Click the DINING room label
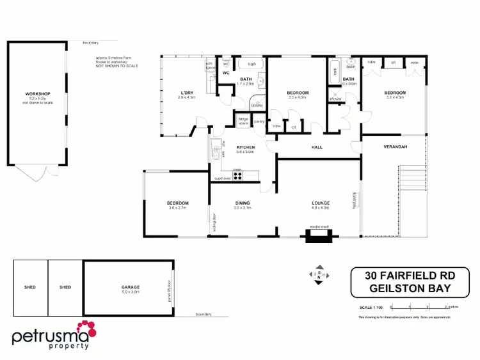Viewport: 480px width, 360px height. click(x=242, y=203)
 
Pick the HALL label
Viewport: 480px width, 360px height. click(x=317, y=147)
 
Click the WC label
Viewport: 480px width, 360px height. click(x=226, y=73)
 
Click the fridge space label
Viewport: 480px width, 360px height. click(x=243, y=120)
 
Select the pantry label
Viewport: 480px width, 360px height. click(x=259, y=121)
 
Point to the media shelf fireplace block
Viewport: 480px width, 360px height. click(x=318, y=237)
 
